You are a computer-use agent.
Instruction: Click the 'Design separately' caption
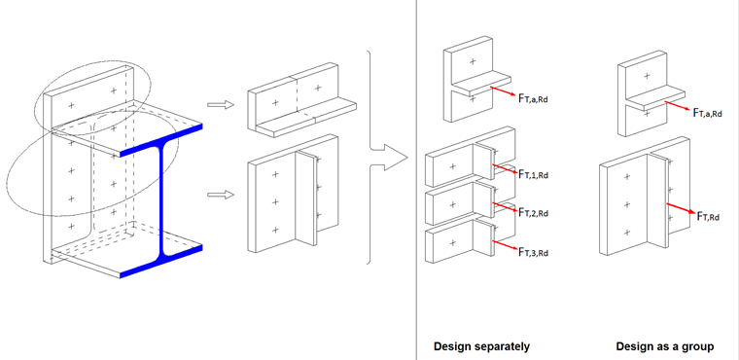coord(481,346)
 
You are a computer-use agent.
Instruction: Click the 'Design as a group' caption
coord(665,346)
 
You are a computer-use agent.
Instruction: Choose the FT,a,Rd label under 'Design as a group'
coord(714,113)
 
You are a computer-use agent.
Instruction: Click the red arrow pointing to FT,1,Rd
coord(502,168)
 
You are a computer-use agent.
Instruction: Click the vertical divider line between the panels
coord(416,180)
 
